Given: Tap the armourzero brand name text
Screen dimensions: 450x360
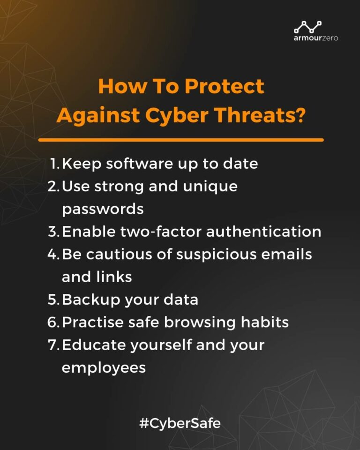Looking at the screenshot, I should click(315, 37).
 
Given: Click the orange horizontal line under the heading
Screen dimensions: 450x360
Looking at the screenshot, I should click(181, 140).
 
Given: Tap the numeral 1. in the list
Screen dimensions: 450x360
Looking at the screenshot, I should click(55, 164).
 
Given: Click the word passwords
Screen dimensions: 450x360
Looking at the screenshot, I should click(103, 209).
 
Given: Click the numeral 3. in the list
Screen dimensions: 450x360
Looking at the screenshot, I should click(53, 232).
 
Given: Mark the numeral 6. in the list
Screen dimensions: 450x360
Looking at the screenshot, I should click(53, 322).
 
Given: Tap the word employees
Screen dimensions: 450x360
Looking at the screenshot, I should click(104, 367).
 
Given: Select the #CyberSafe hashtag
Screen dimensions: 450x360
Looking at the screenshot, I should click(180, 424).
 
